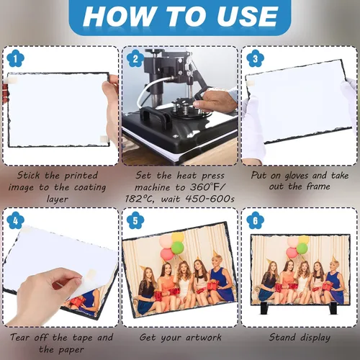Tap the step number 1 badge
tap(16, 58)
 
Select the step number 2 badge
tap(135, 58)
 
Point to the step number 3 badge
tap(256, 58)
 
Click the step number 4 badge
tap(16, 220)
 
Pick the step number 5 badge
tap(135, 220)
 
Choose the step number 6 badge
tap(256, 220)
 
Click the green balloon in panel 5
tap(178, 248)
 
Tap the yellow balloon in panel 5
tap(178, 237)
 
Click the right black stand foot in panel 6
tap(334, 308)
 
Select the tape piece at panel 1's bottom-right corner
tap(104, 139)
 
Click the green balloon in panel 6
tap(302, 249)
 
